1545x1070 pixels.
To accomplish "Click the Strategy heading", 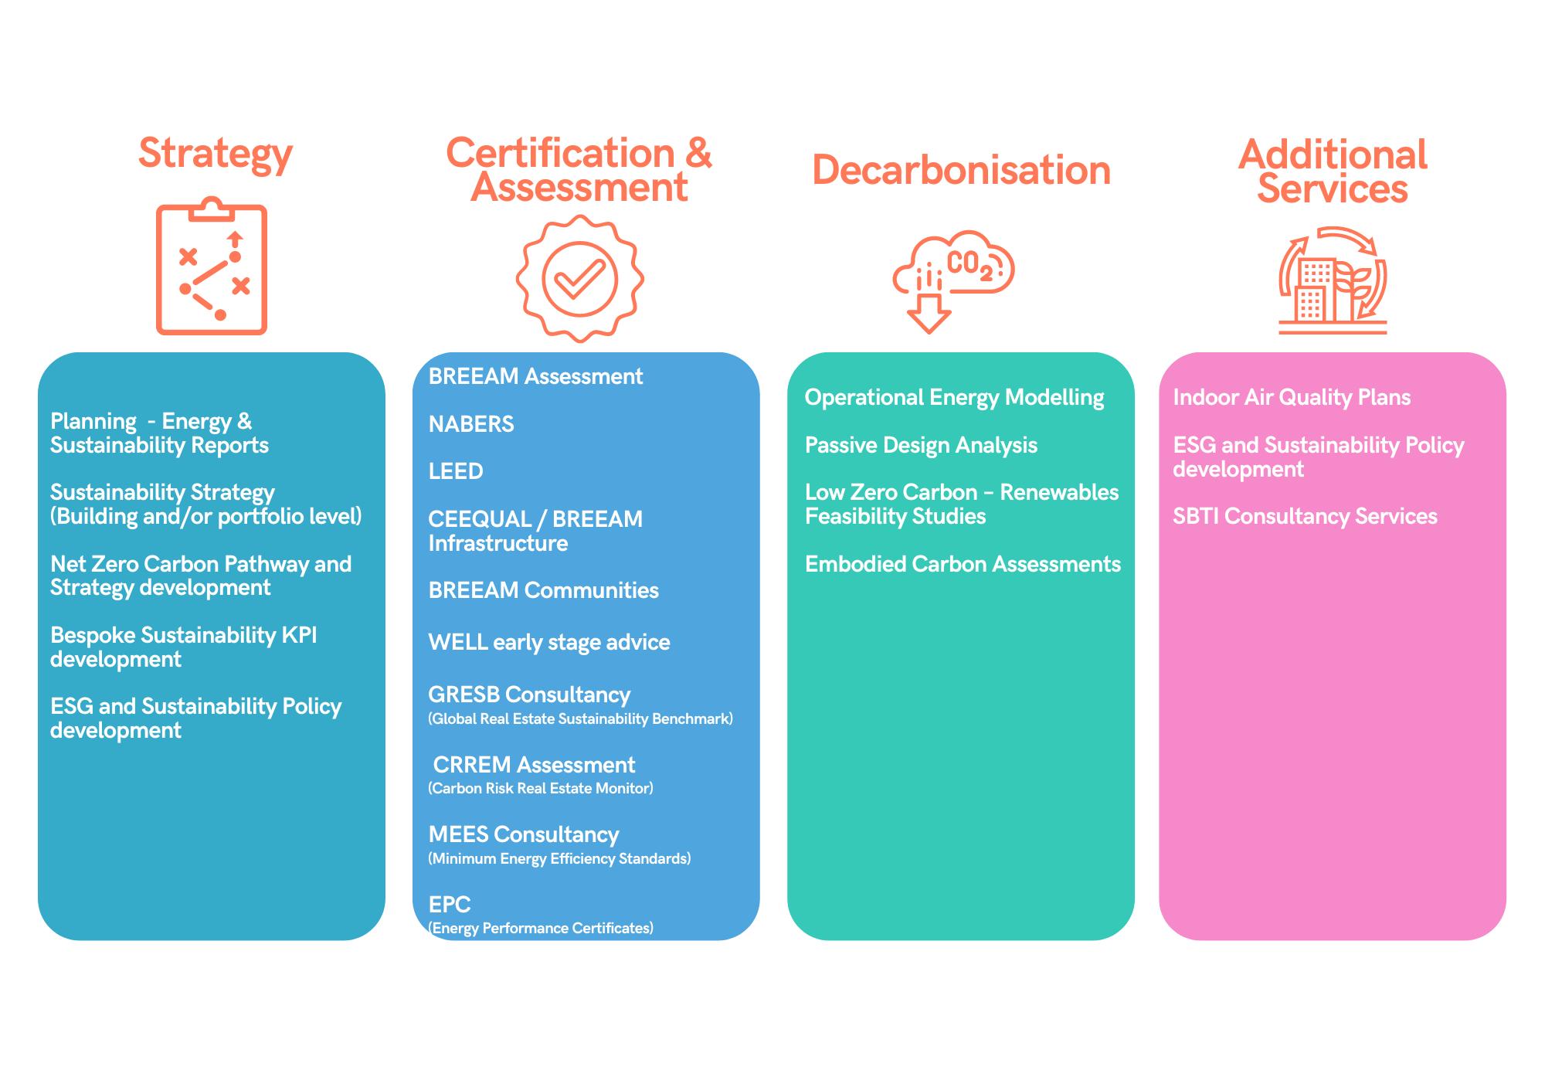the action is [216, 155].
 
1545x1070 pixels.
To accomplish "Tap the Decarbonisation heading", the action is [961, 170].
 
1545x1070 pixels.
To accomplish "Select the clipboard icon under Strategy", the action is [212, 267].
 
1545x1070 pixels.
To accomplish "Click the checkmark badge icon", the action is [579, 279].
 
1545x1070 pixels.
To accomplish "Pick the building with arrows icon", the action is [1333, 280].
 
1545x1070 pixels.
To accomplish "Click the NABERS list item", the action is [471, 424].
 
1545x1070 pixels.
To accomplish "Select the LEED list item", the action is [456, 471].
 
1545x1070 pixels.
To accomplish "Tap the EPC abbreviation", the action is [450, 904].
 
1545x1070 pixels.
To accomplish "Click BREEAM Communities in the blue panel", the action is [543, 590].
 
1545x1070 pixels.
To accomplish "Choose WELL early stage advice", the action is [549, 643].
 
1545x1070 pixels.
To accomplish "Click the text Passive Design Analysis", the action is [921, 446].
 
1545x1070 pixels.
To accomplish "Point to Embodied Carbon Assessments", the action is [963, 564].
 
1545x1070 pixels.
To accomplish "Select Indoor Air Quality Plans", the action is [1292, 398].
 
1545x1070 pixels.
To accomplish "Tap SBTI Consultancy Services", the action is [1305, 516].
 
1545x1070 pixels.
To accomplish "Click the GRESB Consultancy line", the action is [529, 695].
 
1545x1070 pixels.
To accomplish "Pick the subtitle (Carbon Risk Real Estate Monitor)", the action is [541, 789].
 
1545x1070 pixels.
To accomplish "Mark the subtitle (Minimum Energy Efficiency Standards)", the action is [559, 858].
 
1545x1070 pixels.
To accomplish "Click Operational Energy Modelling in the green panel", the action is [954, 398].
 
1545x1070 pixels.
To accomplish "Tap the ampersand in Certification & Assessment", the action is [698, 153].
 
